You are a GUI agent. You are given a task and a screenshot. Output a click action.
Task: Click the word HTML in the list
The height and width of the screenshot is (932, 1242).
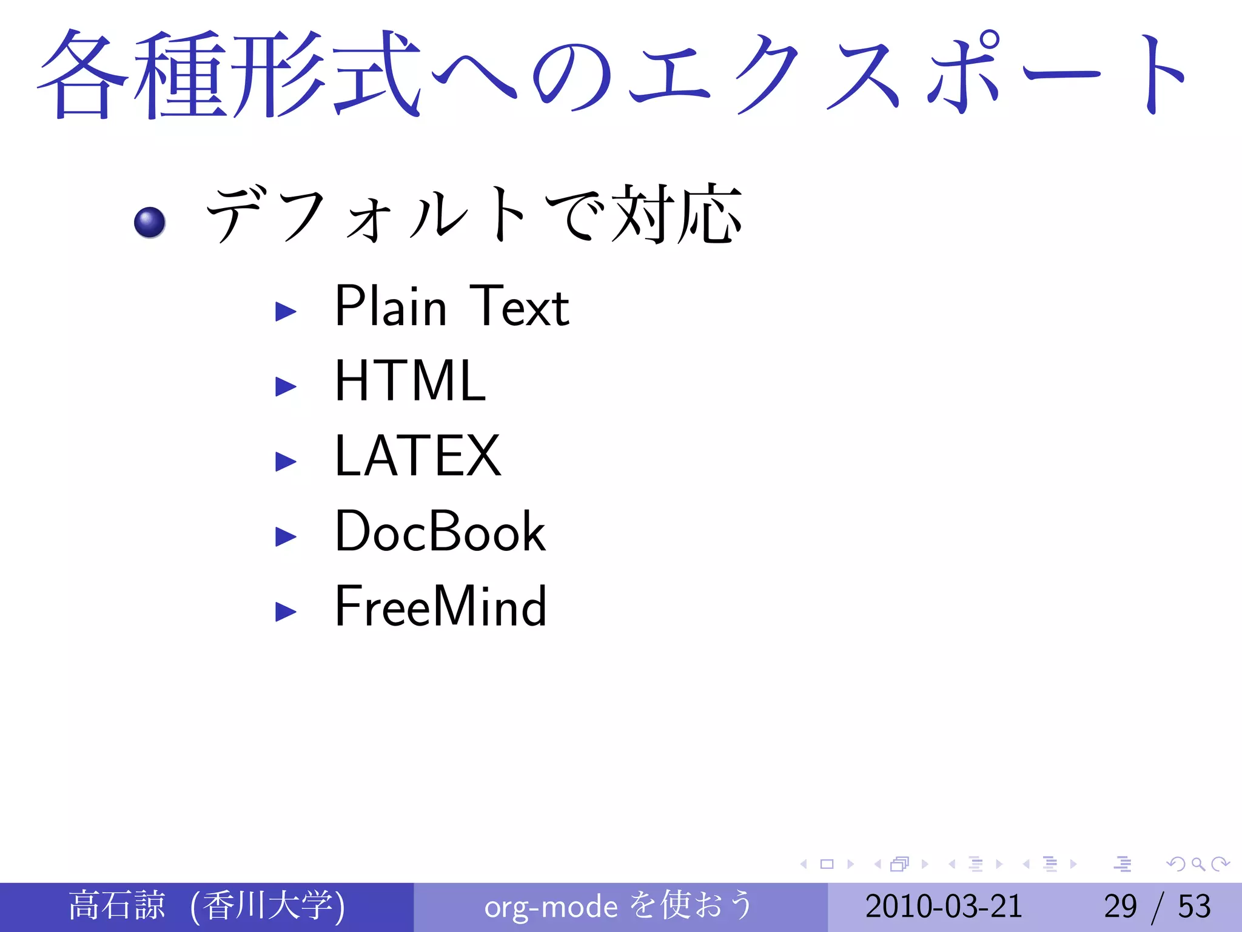point(410,381)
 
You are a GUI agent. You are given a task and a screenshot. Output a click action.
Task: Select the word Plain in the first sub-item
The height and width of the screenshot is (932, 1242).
point(391,306)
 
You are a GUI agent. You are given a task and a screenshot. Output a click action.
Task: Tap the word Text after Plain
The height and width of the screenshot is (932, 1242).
point(519,306)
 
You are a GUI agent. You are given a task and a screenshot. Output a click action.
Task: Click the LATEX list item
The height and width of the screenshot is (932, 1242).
point(417,456)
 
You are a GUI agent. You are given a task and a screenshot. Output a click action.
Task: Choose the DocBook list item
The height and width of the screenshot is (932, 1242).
point(440,532)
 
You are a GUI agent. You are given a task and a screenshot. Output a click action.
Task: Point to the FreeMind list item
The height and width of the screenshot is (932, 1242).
point(440,607)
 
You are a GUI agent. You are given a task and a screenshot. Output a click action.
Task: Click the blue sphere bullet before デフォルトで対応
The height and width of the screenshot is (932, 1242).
point(150,222)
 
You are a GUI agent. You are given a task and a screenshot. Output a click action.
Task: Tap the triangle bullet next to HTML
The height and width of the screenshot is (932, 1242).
point(286,387)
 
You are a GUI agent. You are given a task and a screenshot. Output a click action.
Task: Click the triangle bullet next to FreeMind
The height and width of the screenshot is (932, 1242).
point(286,612)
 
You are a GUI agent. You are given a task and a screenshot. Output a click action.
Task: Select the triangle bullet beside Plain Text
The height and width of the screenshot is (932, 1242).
point(286,312)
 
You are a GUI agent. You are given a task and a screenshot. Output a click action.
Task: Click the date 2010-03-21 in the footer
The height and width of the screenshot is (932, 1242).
point(944,907)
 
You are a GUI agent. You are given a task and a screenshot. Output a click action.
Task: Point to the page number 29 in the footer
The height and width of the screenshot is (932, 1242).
point(1120,907)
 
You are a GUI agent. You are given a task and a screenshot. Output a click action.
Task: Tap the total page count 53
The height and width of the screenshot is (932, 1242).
point(1194,907)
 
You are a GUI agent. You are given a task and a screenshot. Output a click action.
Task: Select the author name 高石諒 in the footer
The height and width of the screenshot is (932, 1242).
point(116,905)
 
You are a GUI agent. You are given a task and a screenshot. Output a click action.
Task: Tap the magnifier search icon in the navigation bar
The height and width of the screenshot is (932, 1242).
point(1198,864)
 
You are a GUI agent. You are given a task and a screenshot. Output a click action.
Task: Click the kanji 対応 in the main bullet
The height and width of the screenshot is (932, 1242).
point(677,214)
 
